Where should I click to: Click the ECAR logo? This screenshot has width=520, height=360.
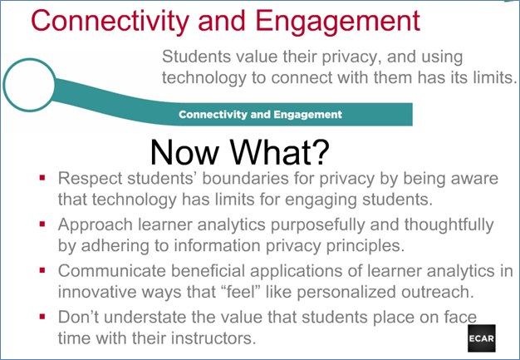point(482,338)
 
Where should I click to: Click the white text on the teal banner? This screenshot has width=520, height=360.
point(260,115)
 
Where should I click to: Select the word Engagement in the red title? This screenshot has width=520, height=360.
point(338,22)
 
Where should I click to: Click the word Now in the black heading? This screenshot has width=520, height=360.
point(184,152)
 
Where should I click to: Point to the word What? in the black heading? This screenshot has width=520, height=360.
point(280,152)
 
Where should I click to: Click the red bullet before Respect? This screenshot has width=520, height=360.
point(42,178)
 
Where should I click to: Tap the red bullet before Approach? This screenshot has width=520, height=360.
point(42,224)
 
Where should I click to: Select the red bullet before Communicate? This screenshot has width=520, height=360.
point(42,270)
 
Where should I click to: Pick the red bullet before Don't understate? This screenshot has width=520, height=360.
point(42,317)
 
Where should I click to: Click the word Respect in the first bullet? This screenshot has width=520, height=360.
point(91,180)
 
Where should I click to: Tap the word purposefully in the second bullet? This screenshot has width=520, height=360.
point(317,225)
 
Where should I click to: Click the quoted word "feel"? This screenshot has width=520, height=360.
point(237,292)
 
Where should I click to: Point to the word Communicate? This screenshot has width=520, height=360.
point(112,271)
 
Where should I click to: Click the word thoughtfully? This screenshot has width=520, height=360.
point(449,225)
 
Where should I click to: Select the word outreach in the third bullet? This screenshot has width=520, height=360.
point(438,292)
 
